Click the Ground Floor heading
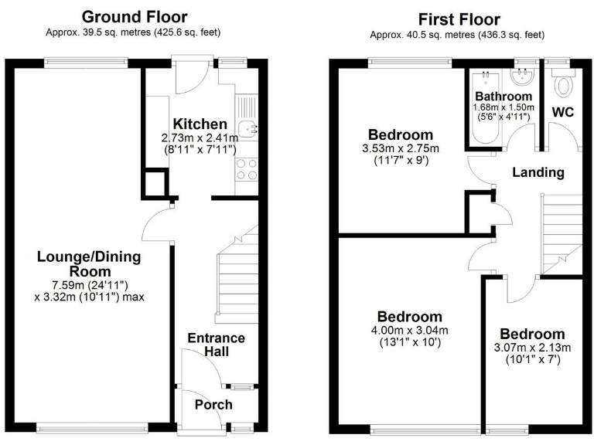coord(134,16)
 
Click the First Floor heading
coord(459,19)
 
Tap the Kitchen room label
coord(200,124)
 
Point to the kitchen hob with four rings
coord(247,169)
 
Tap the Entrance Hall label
coord(217,345)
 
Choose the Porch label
coord(213,405)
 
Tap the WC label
coord(562,113)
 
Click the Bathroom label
coord(504,97)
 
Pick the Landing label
coord(538,172)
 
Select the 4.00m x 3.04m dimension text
coord(409,330)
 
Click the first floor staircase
coord(562,231)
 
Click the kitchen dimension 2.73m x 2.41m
coord(200,138)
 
